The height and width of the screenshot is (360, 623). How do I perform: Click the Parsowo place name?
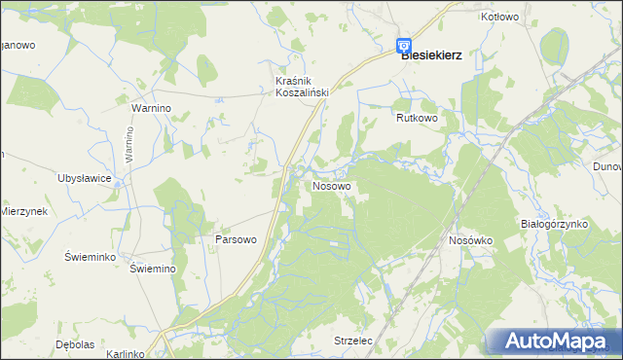[235, 239]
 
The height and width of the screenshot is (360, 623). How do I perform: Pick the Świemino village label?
[152, 270]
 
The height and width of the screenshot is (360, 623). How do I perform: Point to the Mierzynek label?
[23, 211]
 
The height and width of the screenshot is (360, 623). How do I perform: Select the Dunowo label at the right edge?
[607, 166]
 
